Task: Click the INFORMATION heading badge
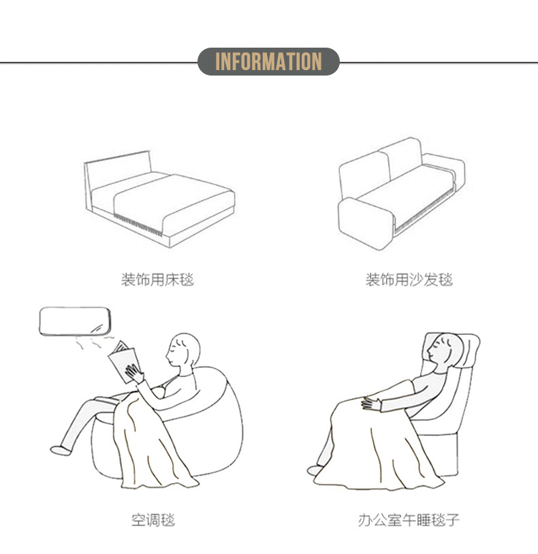(268, 61)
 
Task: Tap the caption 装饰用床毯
(157, 280)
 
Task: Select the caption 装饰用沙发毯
(409, 280)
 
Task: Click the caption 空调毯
(153, 520)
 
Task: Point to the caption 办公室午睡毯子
(409, 520)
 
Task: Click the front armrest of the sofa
(366, 223)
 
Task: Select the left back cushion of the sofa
(364, 175)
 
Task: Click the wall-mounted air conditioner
(75, 321)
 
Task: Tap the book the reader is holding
(123, 361)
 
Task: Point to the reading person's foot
(61, 450)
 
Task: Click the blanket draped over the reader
(152, 445)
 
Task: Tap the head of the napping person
(444, 351)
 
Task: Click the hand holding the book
(133, 374)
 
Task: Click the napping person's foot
(314, 470)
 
